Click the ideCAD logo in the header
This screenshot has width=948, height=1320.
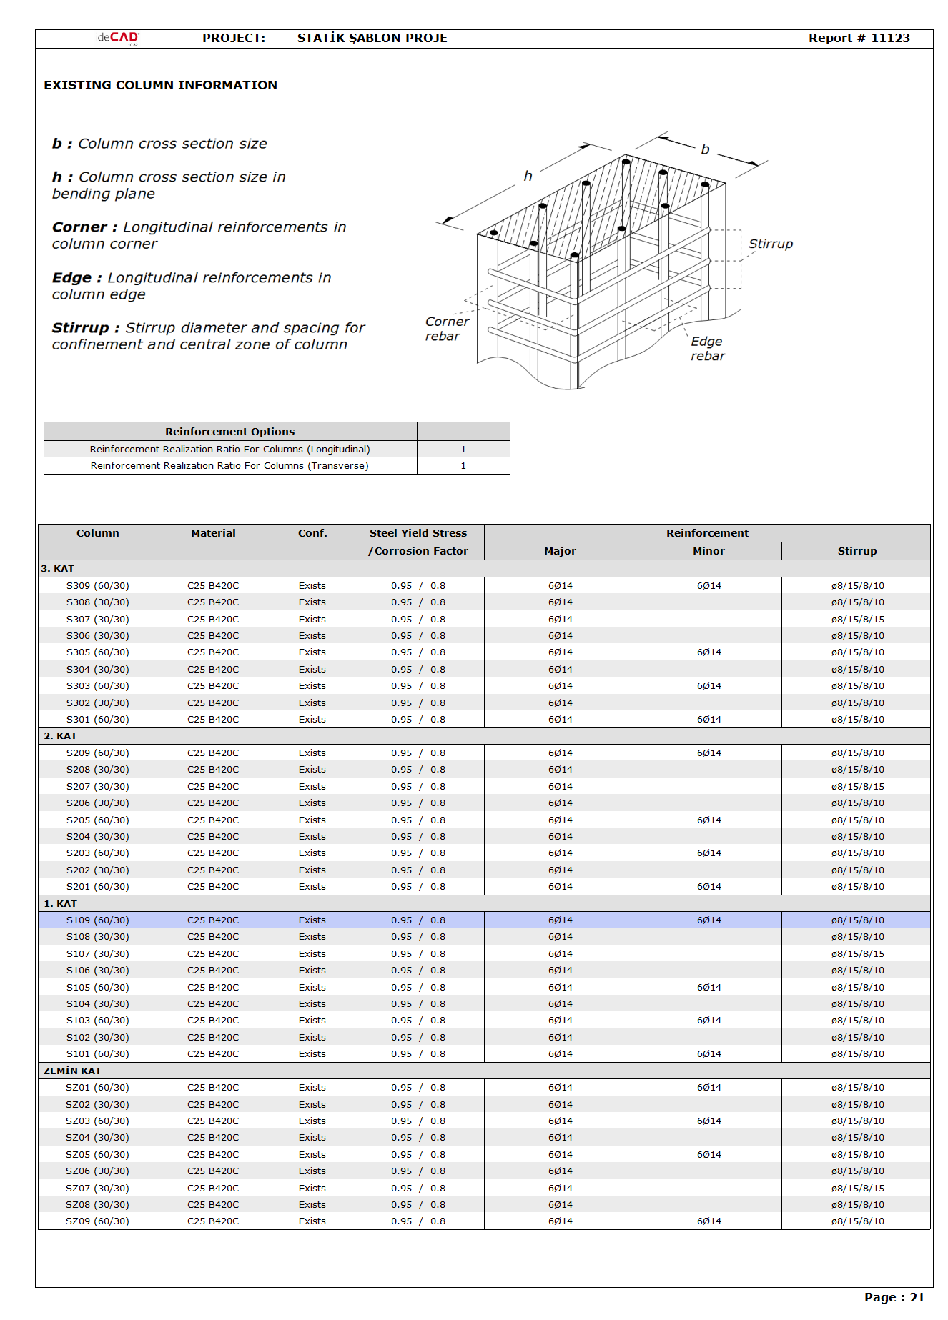117,39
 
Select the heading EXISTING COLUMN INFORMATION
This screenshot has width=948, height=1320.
160,85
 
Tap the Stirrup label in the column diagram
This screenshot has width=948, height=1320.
770,244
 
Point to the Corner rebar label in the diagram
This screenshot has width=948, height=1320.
446,329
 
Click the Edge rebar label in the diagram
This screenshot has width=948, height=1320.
707,349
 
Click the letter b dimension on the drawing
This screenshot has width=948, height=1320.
705,149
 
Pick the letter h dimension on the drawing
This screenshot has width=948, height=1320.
528,176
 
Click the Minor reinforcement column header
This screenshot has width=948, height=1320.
708,551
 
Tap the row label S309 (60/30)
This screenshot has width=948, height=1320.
98,586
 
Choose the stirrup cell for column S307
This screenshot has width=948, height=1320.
857,620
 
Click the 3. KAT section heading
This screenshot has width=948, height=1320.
58,569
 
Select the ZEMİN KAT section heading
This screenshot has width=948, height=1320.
72,1071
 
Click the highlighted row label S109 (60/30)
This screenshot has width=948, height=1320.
98,920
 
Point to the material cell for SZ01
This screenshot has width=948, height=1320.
213,1088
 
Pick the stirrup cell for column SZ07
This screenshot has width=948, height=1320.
857,1189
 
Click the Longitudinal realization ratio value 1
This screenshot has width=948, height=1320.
463,450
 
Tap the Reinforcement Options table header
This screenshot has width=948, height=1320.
229,432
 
